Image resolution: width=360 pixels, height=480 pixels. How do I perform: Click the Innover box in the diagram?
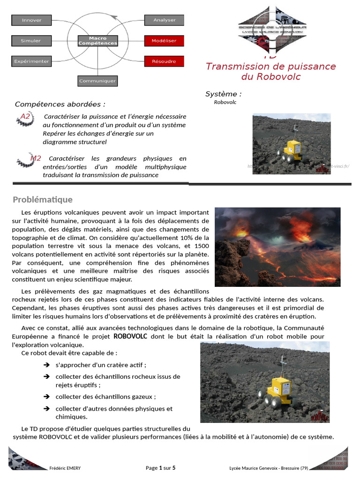32,20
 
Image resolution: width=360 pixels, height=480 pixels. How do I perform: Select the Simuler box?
31,41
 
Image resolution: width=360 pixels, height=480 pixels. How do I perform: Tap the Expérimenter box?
32,61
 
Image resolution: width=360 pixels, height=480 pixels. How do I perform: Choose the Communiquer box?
97,81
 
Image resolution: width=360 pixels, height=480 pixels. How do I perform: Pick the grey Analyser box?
164,20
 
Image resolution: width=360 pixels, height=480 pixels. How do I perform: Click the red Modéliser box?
164,41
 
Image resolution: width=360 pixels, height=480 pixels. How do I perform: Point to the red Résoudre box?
164,61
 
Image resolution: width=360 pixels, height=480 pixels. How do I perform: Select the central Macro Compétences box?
97,40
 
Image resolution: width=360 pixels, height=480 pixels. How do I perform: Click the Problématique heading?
43,200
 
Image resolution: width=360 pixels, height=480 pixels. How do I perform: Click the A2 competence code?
25,116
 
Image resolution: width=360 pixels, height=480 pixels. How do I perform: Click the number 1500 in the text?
202,246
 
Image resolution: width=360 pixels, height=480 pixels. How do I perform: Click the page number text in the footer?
161,468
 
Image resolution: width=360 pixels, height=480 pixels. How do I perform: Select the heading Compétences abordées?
60,104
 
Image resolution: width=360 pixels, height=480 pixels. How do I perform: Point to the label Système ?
224,94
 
